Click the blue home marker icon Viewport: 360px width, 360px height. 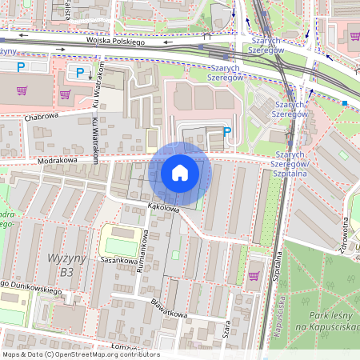(180, 173)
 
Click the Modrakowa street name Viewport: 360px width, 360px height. (60, 161)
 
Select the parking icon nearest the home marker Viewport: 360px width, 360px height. (227, 132)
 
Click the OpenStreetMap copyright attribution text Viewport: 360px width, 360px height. (81, 354)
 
